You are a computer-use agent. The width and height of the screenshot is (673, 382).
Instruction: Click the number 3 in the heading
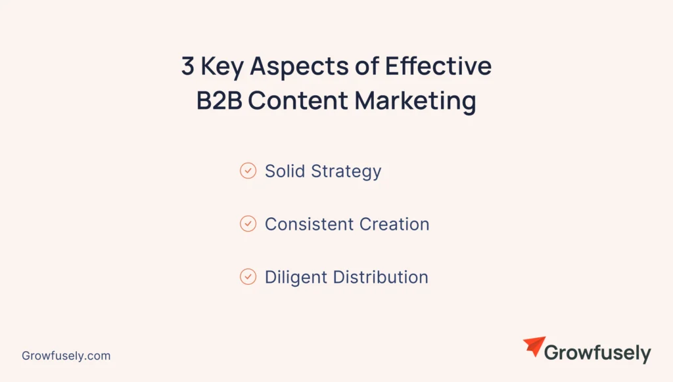(x=189, y=67)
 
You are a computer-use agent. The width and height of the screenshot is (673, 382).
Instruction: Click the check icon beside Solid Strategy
(x=248, y=171)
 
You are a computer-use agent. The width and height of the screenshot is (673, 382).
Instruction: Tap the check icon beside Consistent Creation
(x=248, y=224)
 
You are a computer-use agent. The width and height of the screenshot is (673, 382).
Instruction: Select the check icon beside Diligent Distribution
(x=248, y=277)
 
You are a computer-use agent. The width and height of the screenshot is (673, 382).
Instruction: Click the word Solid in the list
(x=285, y=171)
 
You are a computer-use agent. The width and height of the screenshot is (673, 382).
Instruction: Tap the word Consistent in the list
(x=309, y=224)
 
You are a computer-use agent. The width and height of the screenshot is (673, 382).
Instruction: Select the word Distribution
(x=381, y=277)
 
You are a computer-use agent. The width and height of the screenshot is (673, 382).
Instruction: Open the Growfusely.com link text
(x=66, y=356)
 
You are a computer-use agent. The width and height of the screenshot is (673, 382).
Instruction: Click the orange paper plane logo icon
(x=534, y=347)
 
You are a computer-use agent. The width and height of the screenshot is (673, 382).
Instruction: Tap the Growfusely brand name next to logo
(x=597, y=354)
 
